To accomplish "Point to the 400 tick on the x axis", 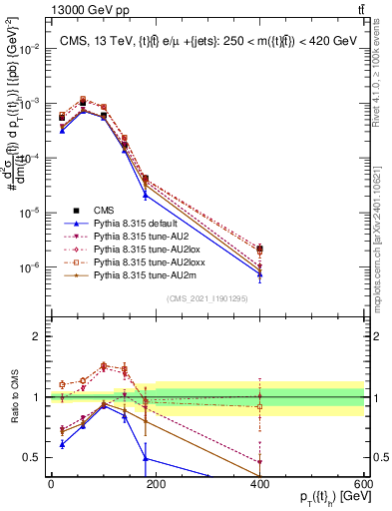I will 259,483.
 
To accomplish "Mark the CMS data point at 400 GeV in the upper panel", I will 259,249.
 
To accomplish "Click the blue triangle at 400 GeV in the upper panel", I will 259,275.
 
